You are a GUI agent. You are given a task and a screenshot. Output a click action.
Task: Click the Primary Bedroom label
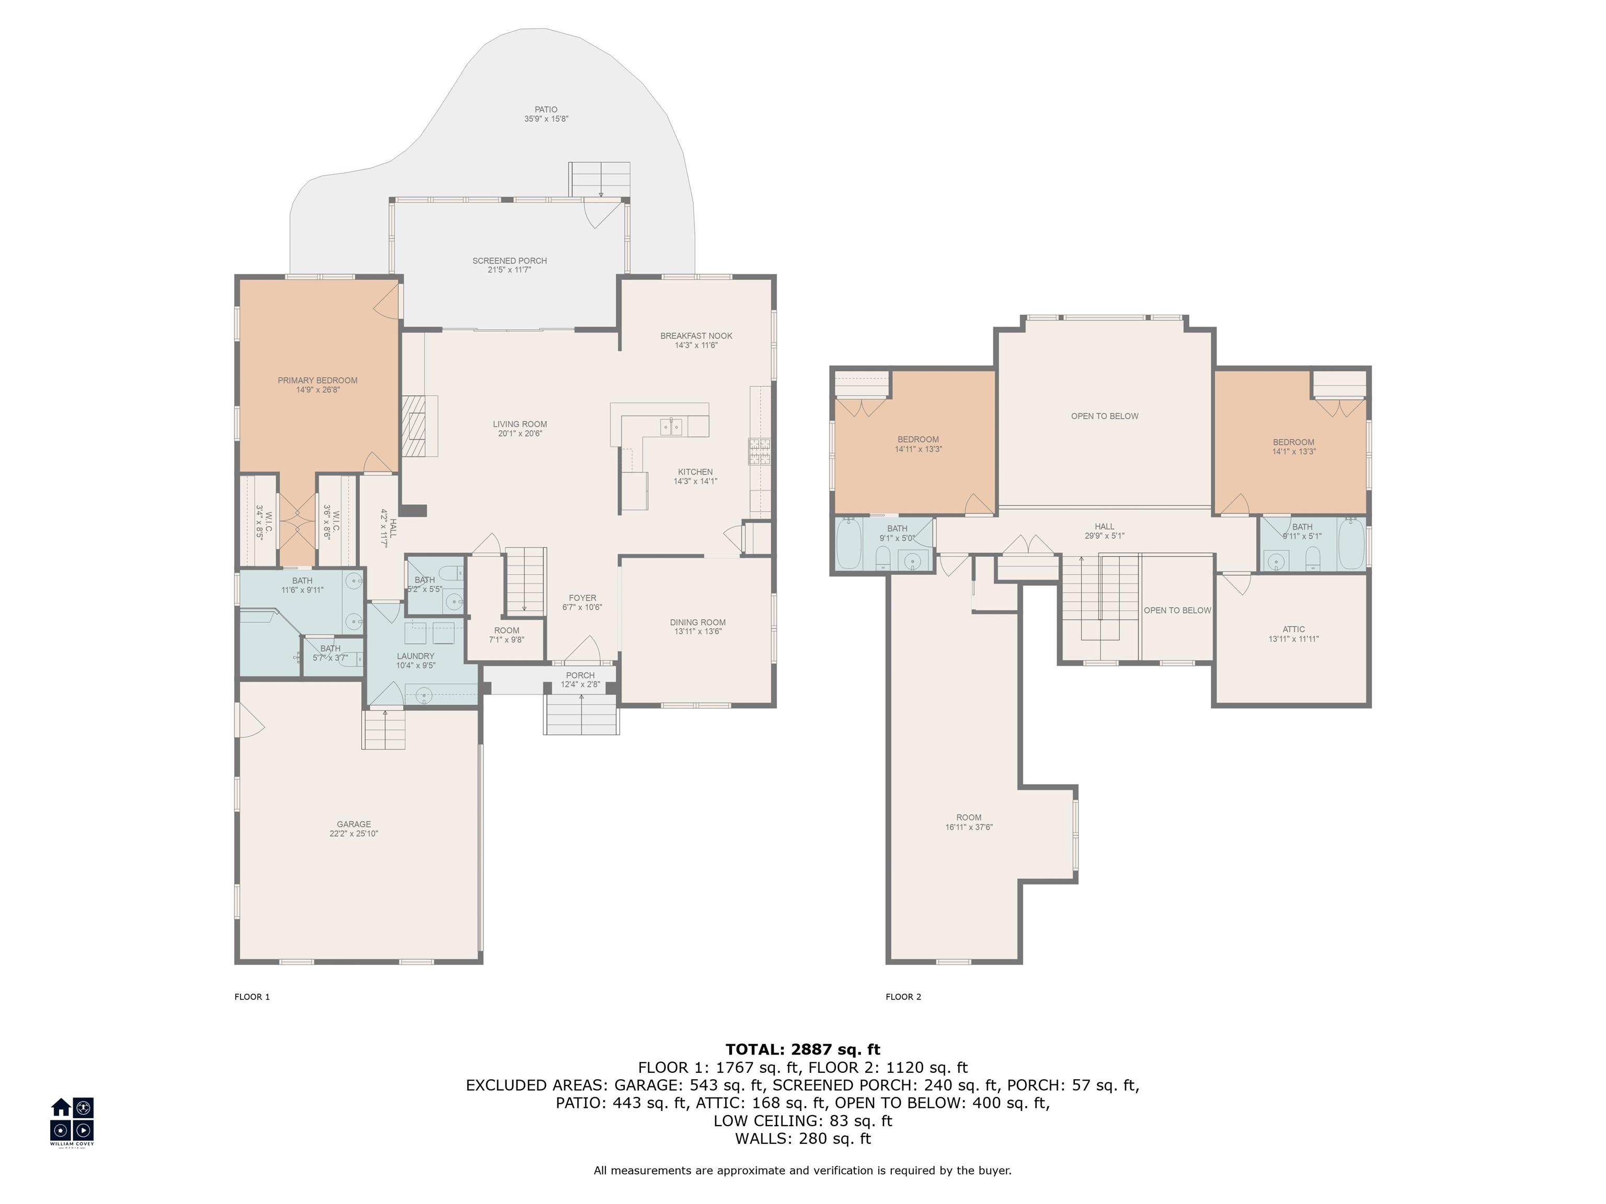tap(317, 380)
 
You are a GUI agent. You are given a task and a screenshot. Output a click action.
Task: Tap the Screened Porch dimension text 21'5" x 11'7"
tap(509, 270)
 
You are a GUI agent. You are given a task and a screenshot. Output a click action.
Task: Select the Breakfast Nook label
tap(695, 336)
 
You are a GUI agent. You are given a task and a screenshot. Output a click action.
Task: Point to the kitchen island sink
tap(671, 427)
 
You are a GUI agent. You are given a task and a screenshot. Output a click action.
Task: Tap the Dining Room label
tap(697, 622)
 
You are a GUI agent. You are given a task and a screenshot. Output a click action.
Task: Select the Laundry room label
tap(415, 656)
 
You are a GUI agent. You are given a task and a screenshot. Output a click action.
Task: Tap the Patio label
tap(546, 110)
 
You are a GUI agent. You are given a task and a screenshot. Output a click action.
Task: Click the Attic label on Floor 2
tap(1293, 629)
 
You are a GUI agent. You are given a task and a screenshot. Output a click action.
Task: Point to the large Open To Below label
tap(1104, 416)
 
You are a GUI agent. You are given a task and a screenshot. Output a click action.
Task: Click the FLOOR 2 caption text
tap(903, 997)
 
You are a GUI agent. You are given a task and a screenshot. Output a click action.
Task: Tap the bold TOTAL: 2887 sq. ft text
tap(802, 1049)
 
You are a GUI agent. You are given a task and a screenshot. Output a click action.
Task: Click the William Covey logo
tap(72, 1120)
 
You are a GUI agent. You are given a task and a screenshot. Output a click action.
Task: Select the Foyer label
tap(582, 598)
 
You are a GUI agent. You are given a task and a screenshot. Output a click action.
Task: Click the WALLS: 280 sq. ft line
tap(802, 1138)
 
